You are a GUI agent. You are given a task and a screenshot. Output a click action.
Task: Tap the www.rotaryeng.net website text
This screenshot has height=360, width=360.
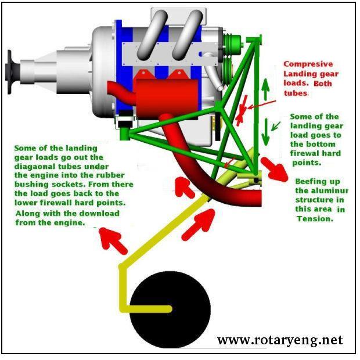tap(280, 340)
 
